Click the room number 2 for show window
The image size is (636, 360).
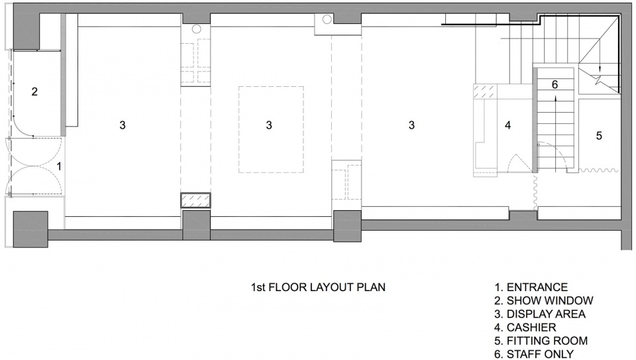(x=34, y=91)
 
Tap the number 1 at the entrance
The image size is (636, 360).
(x=59, y=166)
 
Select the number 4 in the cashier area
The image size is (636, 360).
(x=508, y=125)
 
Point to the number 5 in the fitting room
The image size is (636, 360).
(x=599, y=135)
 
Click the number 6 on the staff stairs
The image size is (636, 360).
(x=555, y=84)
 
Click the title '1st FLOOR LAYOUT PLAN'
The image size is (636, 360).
(x=319, y=287)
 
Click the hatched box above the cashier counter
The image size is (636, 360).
(x=485, y=91)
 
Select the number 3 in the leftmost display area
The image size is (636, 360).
(x=123, y=125)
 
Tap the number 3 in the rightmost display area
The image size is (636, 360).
(x=411, y=125)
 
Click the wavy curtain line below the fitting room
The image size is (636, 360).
(x=598, y=170)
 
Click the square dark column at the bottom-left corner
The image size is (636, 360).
(x=31, y=229)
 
